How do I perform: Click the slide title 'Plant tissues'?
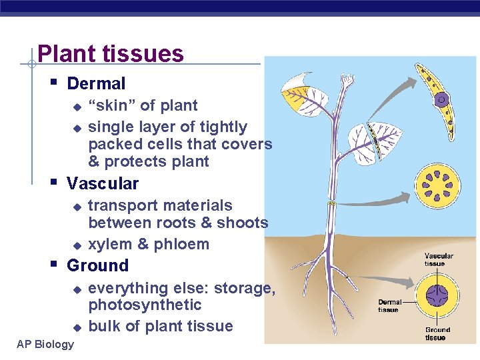click(110, 53)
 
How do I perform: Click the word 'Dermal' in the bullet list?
click(96, 84)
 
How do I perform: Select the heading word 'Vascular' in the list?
click(103, 183)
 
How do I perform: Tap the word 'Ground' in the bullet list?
click(97, 265)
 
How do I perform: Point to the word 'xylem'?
click(110, 244)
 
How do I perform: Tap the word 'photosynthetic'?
click(145, 305)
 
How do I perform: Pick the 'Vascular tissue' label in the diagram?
click(439, 259)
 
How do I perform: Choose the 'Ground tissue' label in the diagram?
click(437, 333)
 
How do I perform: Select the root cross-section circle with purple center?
click(437, 294)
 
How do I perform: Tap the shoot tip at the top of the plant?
click(346, 80)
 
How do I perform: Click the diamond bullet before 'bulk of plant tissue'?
click(77, 327)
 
